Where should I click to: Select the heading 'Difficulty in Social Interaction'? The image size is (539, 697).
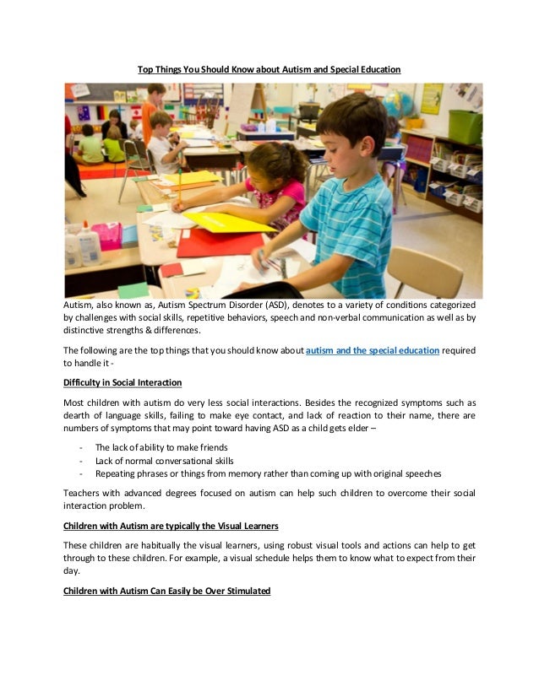tap(122, 382)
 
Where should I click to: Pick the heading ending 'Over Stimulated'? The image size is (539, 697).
tap(166, 592)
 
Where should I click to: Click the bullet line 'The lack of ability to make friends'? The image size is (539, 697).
tap(161, 447)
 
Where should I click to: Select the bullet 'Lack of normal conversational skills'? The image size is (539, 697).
tap(164, 461)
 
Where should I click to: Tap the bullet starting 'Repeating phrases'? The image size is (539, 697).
tap(268, 474)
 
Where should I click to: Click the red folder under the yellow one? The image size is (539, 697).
tap(207, 244)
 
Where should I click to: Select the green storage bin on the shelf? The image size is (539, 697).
tap(465, 127)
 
